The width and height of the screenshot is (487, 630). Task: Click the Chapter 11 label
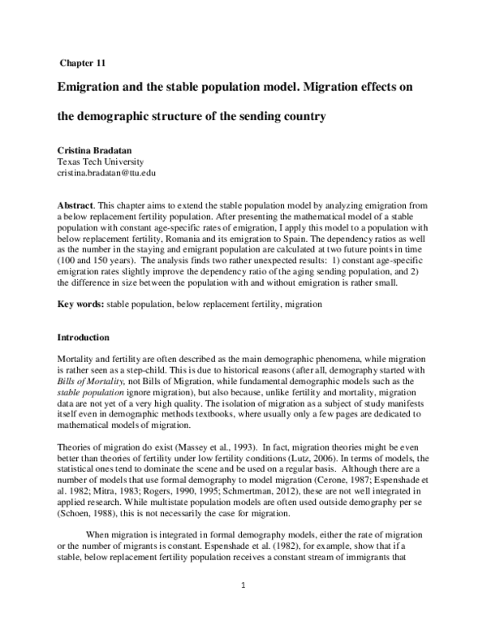pyautogui.click(x=81, y=62)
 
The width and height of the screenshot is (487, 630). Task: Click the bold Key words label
pyautogui.click(x=82, y=304)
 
